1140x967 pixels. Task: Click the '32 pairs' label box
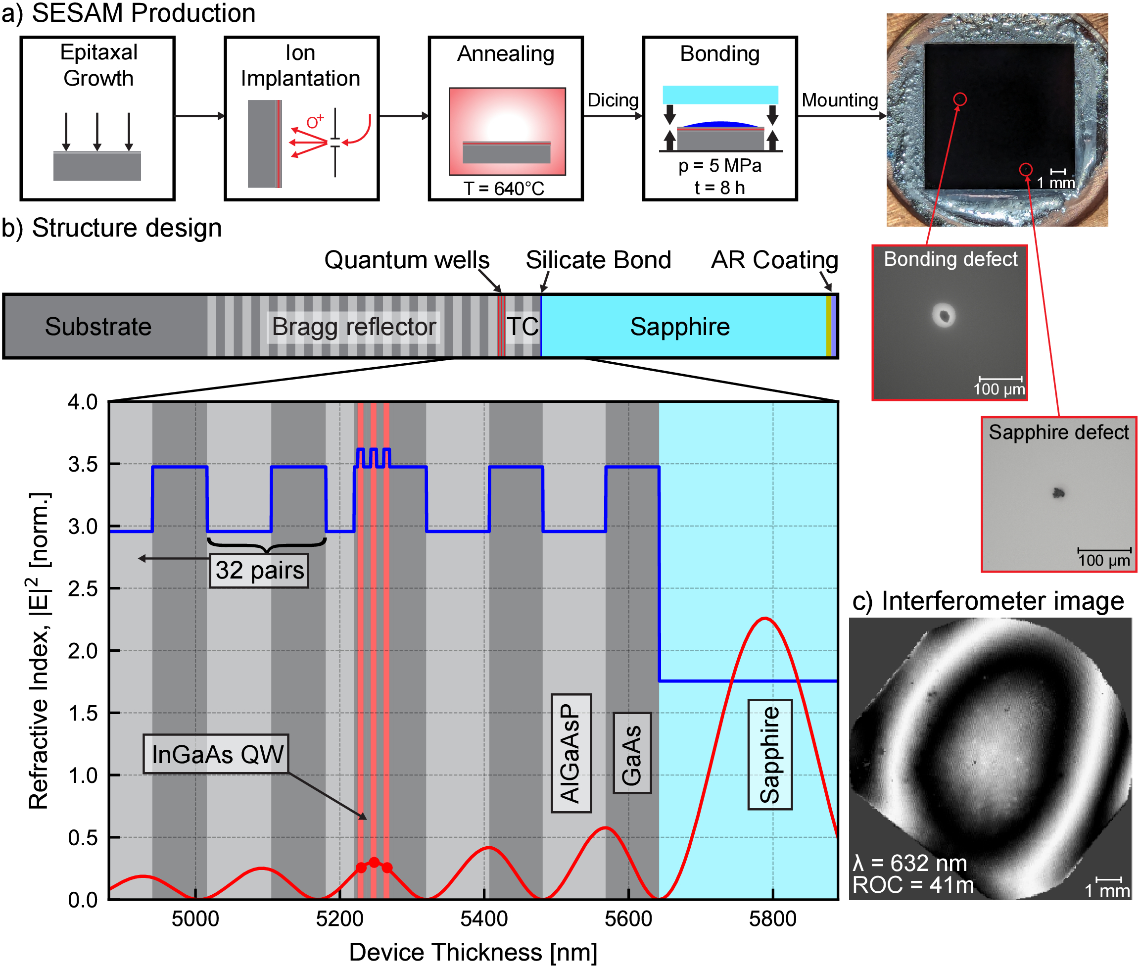click(x=259, y=571)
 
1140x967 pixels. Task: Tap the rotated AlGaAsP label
click(x=570, y=753)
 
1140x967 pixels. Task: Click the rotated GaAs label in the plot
click(x=632, y=753)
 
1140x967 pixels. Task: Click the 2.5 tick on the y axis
click(x=83, y=589)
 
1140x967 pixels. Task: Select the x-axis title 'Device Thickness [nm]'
click(x=473, y=952)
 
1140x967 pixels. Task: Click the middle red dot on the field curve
click(x=375, y=862)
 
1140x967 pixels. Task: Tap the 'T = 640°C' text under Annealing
click(x=504, y=189)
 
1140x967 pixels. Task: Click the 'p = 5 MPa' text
click(x=719, y=166)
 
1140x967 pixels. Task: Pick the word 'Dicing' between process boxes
click(x=613, y=100)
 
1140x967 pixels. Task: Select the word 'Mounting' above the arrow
click(x=840, y=100)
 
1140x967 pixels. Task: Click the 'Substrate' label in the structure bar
click(x=98, y=327)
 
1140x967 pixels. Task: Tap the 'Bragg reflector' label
click(x=354, y=327)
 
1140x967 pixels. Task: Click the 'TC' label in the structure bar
click(x=522, y=327)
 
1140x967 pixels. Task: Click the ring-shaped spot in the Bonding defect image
click(x=944, y=315)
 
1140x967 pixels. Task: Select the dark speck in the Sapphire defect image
click(x=1058, y=493)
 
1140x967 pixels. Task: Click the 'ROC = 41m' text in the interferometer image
click(x=913, y=885)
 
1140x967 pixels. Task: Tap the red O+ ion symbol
click(x=315, y=122)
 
